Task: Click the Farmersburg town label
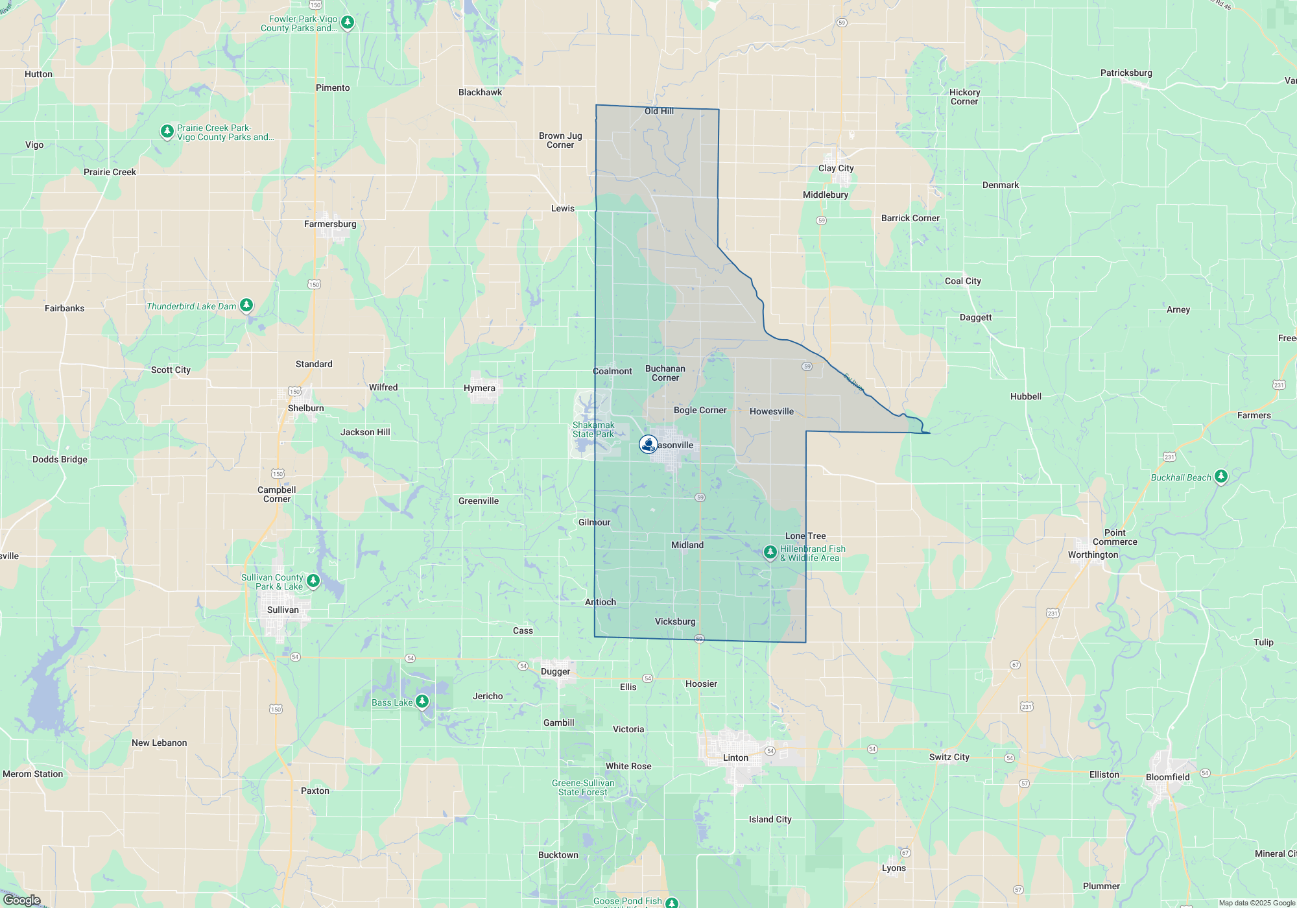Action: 330,224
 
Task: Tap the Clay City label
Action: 836,168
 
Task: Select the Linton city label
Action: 735,758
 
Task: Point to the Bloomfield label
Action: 1167,777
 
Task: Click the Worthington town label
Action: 1093,555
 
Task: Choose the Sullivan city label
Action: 283,610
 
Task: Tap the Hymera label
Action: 479,388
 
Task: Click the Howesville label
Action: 771,411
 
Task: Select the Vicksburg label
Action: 675,621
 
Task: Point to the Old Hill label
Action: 659,111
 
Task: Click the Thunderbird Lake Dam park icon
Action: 246,305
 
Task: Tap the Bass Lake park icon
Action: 422,701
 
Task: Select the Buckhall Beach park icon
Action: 1220,476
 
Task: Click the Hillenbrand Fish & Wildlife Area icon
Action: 770,552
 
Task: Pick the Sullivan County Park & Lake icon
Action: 313,580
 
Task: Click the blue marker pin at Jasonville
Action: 648,444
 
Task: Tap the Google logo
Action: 21,900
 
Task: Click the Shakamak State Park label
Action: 593,429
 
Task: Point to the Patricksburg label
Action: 1126,73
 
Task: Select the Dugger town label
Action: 555,671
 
